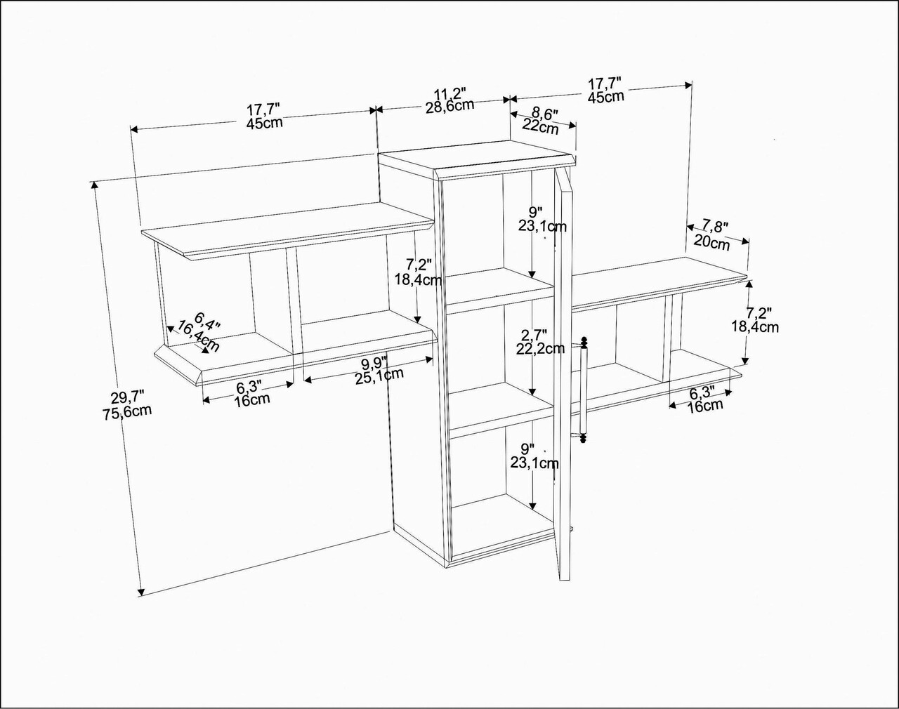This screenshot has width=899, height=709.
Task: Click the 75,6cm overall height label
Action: [126, 411]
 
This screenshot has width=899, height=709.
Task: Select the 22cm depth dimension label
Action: [540, 126]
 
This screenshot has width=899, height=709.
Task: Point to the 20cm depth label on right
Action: [712, 243]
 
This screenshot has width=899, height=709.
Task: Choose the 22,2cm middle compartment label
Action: [540, 349]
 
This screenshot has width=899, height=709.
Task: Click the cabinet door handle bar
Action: [583, 392]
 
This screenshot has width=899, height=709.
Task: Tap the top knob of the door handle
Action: [584, 342]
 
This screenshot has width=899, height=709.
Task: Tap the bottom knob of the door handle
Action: [582, 437]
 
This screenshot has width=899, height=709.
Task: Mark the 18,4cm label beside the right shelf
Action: [755, 326]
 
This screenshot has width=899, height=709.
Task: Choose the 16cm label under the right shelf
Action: [704, 406]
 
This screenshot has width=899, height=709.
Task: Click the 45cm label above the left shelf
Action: [264, 123]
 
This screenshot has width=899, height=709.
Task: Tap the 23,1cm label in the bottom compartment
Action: [534, 463]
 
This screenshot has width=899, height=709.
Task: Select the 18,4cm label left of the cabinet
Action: [419, 279]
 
